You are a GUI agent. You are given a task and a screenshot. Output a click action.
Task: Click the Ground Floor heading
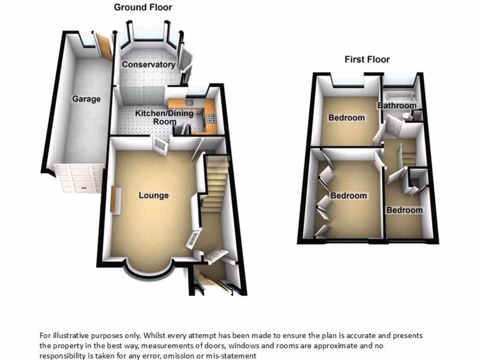(143, 7)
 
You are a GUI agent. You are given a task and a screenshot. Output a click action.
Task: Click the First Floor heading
(367, 59)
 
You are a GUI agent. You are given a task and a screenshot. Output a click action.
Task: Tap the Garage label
(86, 99)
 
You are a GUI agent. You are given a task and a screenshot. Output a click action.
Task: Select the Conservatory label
(149, 65)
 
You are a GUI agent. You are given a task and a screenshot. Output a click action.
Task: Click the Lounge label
(153, 195)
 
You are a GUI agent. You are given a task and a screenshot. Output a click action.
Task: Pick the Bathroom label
(397, 105)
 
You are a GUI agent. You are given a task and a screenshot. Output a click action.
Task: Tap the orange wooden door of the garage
(104, 46)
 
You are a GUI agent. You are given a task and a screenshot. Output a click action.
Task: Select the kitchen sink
(189, 102)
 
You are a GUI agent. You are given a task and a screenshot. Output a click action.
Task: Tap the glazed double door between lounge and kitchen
(161, 146)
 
